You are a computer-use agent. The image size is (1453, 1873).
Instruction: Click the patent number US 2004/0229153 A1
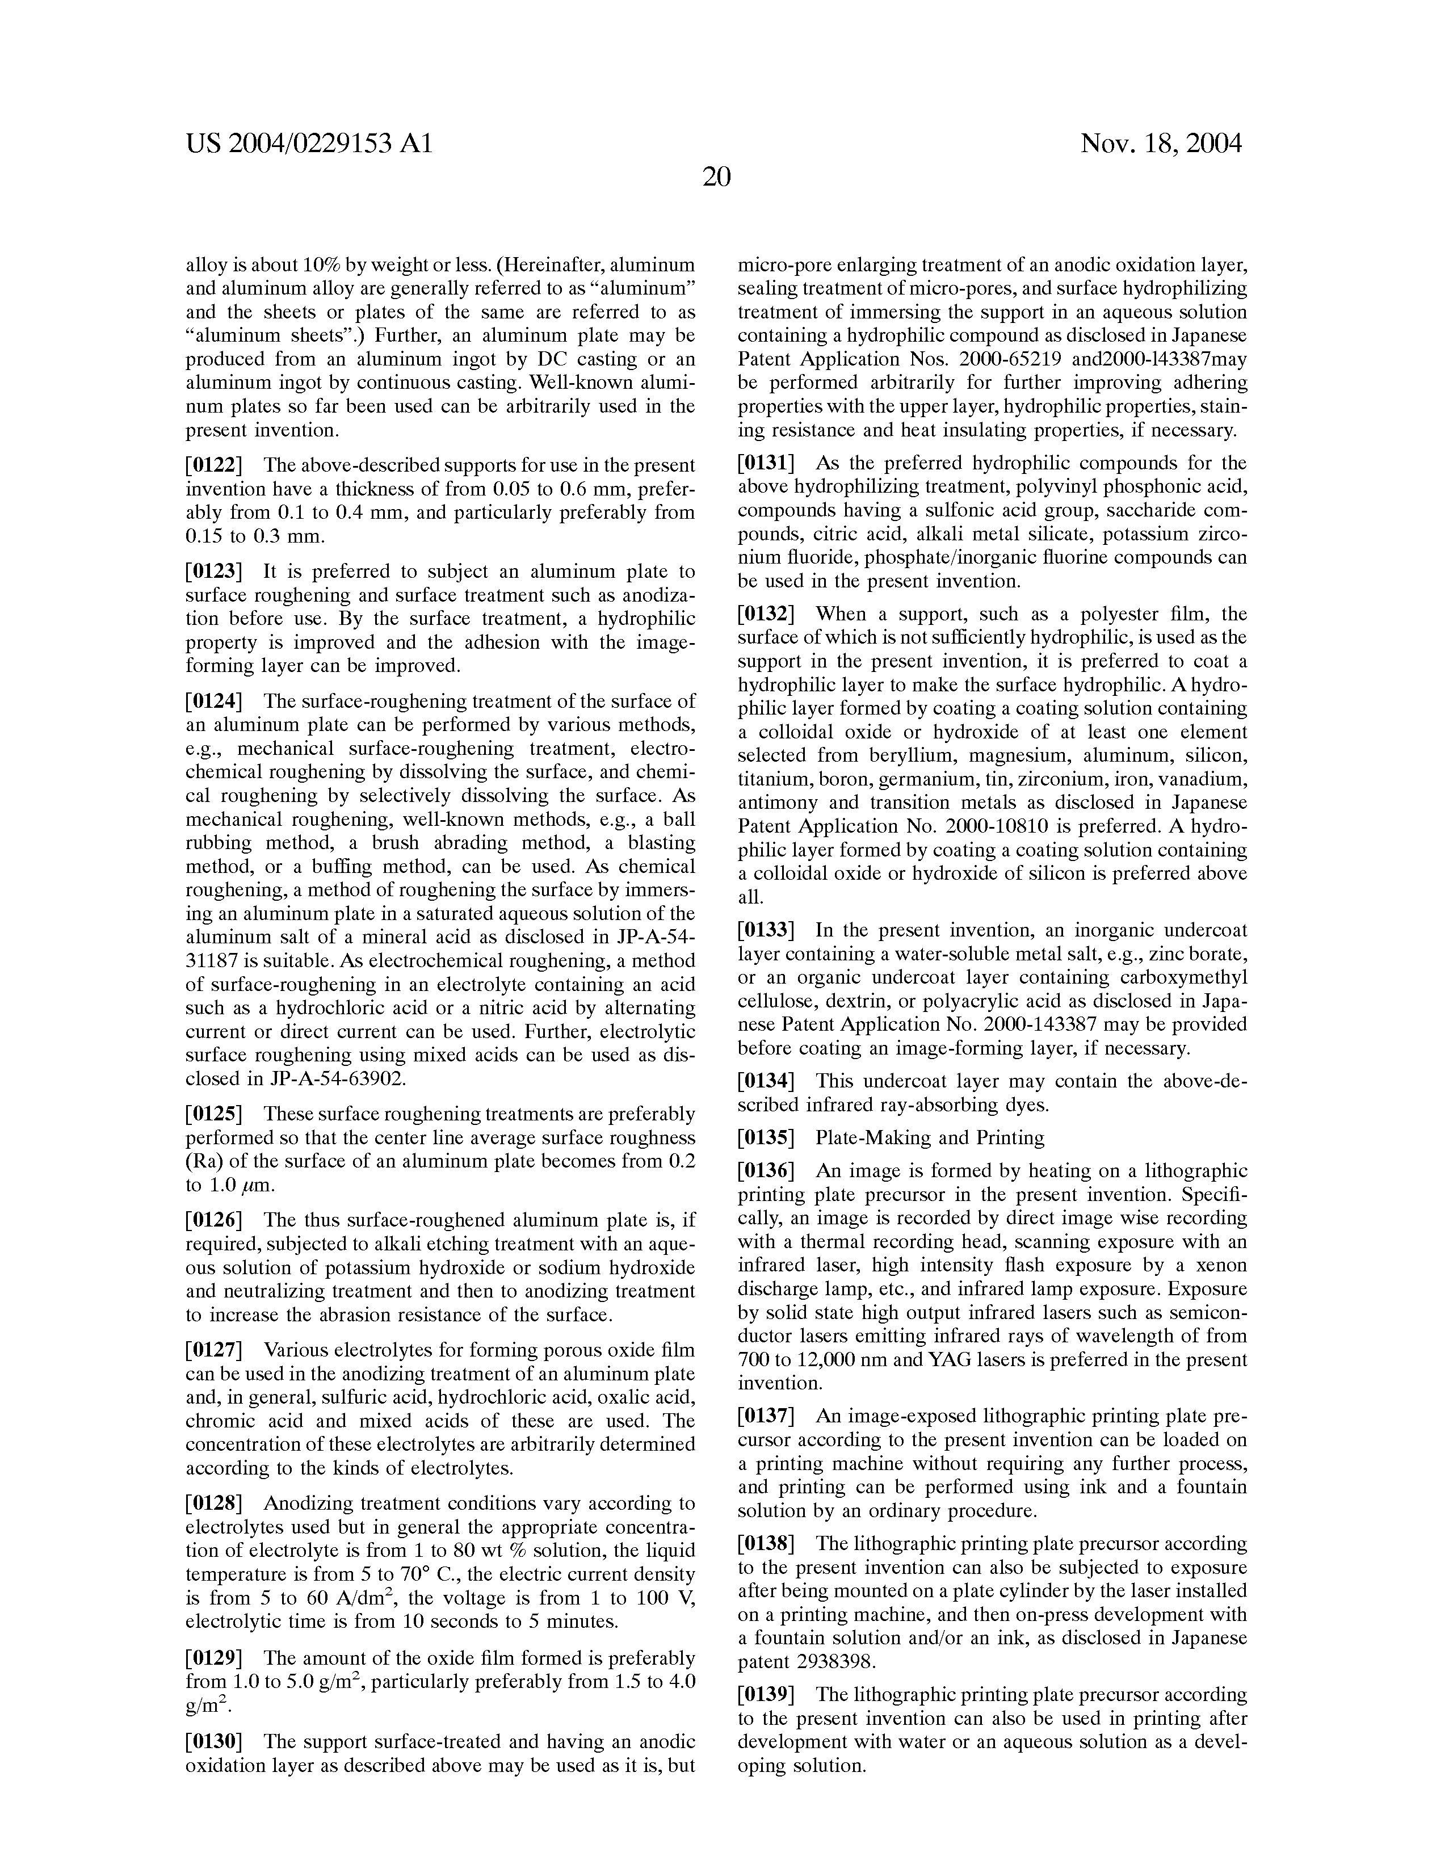click(309, 143)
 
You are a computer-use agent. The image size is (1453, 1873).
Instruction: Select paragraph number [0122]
click(215, 465)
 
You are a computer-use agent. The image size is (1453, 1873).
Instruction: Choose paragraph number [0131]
click(767, 464)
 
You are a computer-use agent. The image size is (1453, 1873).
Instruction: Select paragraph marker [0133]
click(767, 930)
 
